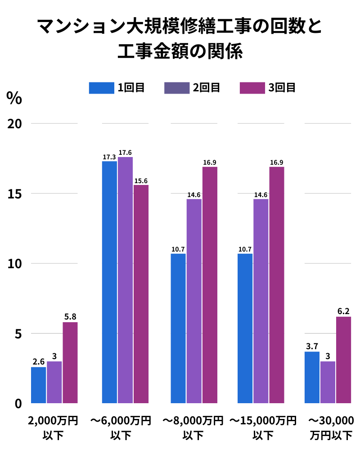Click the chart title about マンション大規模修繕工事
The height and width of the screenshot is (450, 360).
click(x=180, y=38)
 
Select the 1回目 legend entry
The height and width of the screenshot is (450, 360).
click(x=117, y=87)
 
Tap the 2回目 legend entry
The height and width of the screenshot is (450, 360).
click(x=192, y=87)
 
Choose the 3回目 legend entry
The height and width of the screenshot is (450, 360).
click(x=267, y=87)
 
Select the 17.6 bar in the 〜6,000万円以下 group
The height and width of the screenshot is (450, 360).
click(x=125, y=279)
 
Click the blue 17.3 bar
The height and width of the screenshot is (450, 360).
click(x=109, y=281)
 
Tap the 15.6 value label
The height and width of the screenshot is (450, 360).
click(x=141, y=181)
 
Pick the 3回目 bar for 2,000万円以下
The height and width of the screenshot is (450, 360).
click(x=70, y=362)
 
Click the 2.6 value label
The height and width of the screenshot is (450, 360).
click(x=38, y=362)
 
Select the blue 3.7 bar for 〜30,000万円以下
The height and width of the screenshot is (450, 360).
click(x=312, y=377)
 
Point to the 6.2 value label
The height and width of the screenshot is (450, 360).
click(x=343, y=311)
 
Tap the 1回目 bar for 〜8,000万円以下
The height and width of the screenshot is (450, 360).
click(x=178, y=328)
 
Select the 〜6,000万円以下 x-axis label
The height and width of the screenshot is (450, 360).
click(x=121, y=427)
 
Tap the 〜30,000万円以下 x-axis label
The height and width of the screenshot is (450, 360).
click(x=331, y=427)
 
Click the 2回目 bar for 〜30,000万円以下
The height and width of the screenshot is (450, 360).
click(x=328, y=382)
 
